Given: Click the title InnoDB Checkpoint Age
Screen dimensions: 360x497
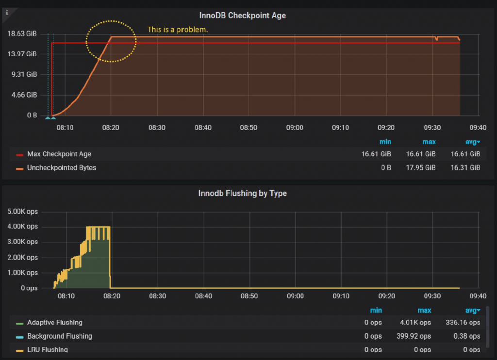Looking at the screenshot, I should pos(242,16).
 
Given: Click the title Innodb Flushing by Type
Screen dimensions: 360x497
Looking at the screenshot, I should pos(242,193).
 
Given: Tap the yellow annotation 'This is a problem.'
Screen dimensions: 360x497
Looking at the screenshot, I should pos(178,30).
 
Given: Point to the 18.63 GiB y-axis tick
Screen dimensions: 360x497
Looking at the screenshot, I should pos(22,33).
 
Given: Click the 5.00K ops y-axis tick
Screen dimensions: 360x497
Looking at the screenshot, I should pos(22,212).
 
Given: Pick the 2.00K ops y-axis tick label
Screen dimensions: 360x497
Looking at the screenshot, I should pos(22,257).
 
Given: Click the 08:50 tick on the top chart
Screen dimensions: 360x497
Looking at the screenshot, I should pos(248,127).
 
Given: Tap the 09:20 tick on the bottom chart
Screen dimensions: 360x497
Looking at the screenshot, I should pos(386,295).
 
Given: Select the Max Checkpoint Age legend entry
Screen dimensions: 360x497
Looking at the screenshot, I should pos(59,154).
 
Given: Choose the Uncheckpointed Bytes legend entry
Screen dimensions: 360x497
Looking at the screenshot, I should pos(62,168).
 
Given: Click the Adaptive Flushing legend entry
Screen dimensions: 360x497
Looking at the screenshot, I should pos(55,323).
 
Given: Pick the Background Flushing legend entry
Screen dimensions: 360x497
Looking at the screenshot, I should pos(60,336).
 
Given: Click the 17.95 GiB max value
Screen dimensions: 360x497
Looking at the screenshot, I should pos(420,168).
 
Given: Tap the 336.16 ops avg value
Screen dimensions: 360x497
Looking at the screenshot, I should pos(463,323).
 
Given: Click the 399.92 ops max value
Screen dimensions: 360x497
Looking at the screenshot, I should pos(416,336).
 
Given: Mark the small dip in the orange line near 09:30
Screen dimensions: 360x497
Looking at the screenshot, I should pos(436,39).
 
